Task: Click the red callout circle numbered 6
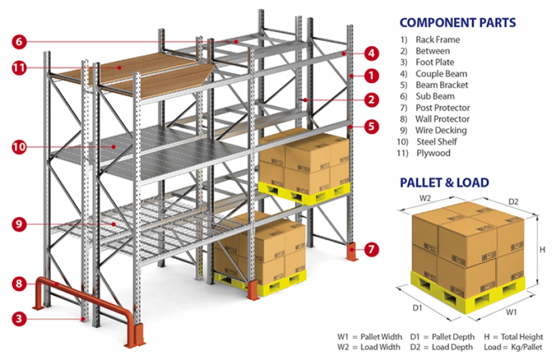click(x=19, y=42)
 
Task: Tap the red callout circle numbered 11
click(x=19, y=69)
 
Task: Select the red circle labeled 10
click(x=19, y=147)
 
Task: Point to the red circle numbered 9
click(x=19, y=224)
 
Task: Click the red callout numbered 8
click(x=19, y=284)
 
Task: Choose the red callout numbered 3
click(x=19, y=319)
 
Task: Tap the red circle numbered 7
click(x=370, y=250)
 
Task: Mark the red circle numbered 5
click(x=370, y=127)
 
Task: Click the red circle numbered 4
click(x=370, y=53)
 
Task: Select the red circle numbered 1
click(x=370, y=75)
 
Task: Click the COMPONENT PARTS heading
click(x=457, y=23)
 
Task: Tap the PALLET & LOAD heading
click(x=444, y=182)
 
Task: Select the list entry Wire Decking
click(x=440, y=130)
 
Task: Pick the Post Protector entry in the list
click(x=442, y=107)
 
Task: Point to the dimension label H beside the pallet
click(x=542, y=249)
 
